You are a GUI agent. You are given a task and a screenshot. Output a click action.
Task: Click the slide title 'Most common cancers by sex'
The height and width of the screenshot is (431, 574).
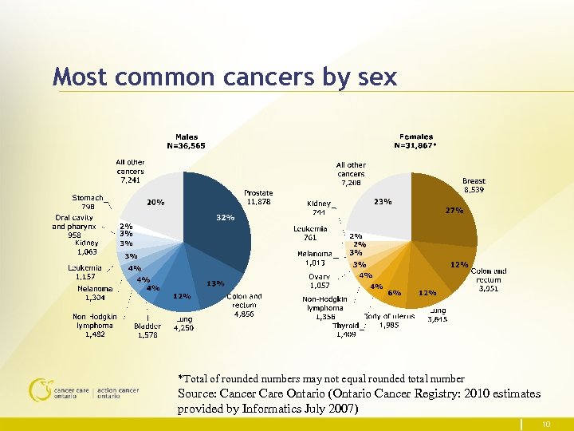coord(224,77)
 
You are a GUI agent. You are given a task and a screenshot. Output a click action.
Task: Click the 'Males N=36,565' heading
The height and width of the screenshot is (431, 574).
coord(187,141)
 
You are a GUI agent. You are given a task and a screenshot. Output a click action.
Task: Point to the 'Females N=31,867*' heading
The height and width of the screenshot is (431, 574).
coord(416,141)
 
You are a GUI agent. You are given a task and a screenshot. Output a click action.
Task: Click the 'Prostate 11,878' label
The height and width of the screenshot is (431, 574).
coord(258,197)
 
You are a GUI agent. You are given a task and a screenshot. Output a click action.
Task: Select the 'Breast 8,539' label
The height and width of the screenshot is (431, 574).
coord(474,186)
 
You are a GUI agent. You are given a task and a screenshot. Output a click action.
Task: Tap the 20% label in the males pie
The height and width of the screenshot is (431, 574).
coord(155,203)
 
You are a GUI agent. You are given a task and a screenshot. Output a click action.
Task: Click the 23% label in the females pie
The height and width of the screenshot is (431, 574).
coord(383,202)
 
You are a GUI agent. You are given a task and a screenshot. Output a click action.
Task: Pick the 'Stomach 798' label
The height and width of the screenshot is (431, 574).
coord(88,202)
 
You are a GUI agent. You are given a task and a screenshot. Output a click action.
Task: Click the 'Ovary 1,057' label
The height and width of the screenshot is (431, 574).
coord(319,281)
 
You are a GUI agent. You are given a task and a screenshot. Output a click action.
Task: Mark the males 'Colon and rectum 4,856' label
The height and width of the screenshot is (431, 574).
coord(245,305)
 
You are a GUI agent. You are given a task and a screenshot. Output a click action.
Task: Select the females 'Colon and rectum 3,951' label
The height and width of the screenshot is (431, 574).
coord(488,279)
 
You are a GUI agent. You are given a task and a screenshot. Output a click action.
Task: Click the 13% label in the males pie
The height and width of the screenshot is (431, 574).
coord(214,283)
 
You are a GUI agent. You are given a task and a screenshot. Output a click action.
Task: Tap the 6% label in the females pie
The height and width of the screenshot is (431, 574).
coord(394,293)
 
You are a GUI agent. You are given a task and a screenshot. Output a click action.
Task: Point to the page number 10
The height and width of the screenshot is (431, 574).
coord(545,424)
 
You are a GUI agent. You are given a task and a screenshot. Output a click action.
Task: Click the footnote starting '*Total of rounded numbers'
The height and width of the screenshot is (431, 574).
coord(320,378)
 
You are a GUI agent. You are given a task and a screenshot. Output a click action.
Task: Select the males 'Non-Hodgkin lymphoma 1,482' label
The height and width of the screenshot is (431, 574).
coord(95,325)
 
